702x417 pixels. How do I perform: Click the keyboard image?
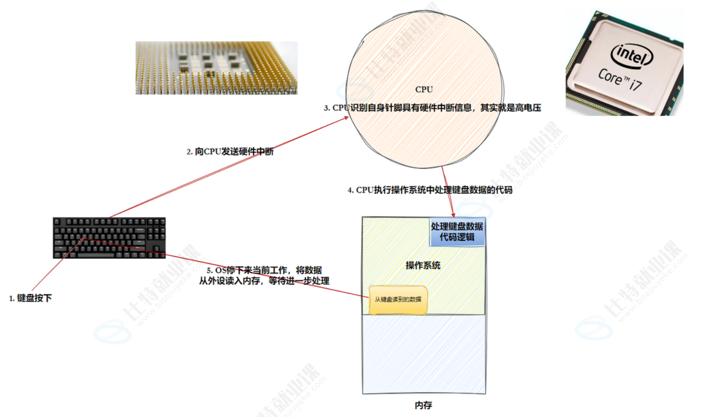[109, 238]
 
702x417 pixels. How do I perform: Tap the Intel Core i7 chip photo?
[624, 63]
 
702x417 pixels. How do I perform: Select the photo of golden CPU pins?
[217, 68]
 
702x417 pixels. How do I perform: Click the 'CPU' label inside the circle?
[424, 89]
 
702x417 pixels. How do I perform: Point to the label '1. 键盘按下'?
[31, 298]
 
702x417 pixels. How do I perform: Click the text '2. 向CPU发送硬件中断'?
[230, 152]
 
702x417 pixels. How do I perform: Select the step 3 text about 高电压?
[432, 108]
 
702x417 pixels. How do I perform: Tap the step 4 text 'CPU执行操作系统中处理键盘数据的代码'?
[430, 190]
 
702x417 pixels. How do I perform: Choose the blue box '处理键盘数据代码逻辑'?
[457, 232]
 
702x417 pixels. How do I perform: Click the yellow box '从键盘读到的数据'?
[398, 300]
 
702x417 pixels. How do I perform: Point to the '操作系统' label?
[423, 266]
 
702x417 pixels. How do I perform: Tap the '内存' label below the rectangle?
[423, 405]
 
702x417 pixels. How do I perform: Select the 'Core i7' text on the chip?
[620, 79]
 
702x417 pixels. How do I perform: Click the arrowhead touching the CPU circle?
[346, 117]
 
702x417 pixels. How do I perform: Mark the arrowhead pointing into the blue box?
[453, 215]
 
